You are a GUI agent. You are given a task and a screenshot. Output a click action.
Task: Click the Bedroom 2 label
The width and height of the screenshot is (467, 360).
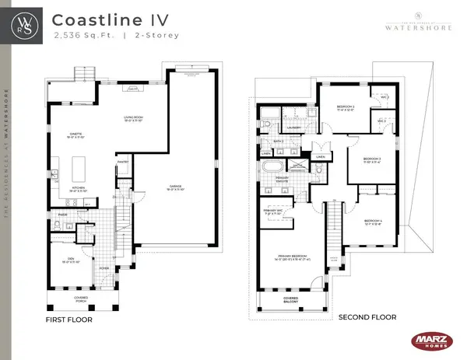tap(346, 108)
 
